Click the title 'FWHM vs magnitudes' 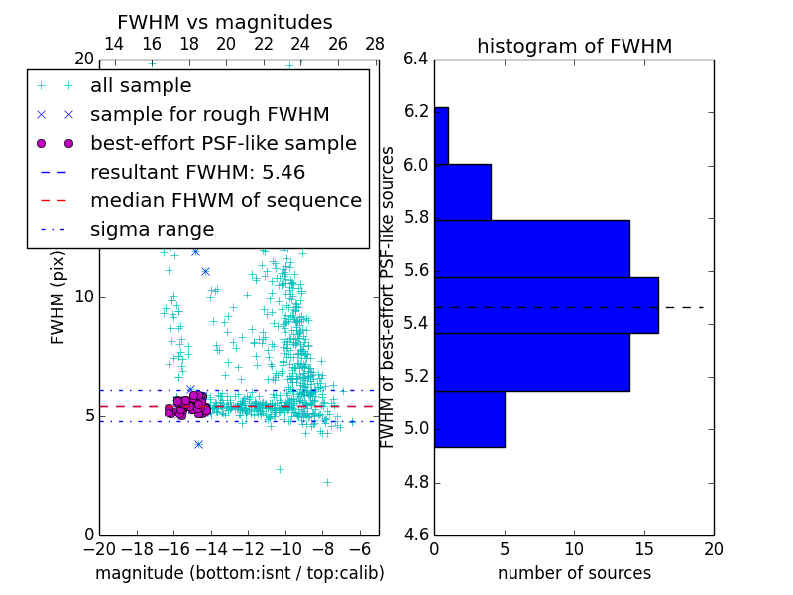tap(225, 22)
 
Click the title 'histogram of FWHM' tap(574, 46)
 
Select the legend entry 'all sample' tap(141, 86)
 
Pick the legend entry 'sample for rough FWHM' tap(209, 114)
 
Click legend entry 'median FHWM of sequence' tap(225, 200)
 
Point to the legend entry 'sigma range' tap(152, 229)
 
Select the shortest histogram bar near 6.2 tap(441, 135)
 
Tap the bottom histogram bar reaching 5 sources tap(469, 419)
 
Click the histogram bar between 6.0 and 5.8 tap(462, 191)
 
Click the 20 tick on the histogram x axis tap(713, 548)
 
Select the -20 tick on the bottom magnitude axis tap(99, 548)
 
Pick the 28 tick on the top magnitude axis tap(375, 44)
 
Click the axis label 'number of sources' tap(574, 573)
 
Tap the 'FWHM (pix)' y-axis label tap(58, 297)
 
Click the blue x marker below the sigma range tap(198, 444)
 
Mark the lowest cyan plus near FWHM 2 tap(327, 482)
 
